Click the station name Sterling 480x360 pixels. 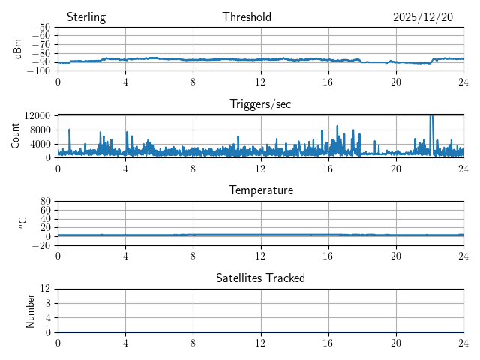click(86, 17)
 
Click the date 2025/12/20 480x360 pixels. click(423, 17)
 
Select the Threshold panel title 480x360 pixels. click(247, 17)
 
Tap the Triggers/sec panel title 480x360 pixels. click(260, 104)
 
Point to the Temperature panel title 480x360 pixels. click(260, 190)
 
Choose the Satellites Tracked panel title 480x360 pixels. click(260, 277)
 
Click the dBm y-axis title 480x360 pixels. click(18, 49)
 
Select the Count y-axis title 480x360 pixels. click(16, 136)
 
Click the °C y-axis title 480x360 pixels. click(22, 223)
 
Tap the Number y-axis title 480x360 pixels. click(31, 310)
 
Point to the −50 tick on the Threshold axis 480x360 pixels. click(40, 28)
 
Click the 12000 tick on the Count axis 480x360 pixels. click(37, 115)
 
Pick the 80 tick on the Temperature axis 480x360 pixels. click(45, 202)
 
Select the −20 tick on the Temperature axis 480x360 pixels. click(40, 245)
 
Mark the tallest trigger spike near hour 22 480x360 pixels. click(430, 117)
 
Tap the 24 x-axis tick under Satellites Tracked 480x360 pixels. click(463, 343)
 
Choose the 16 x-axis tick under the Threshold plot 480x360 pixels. click(328, 82)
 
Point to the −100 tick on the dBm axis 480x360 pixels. click(38, 71)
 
